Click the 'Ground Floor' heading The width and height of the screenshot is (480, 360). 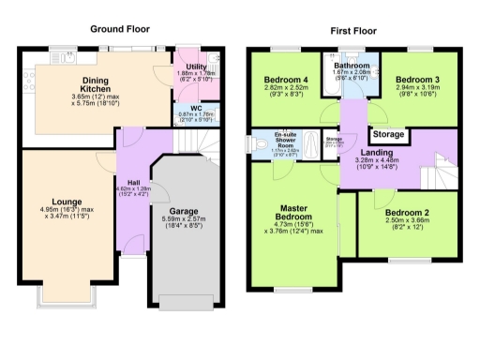[x=121, y=29]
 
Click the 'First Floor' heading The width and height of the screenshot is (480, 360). [x=353, y=31]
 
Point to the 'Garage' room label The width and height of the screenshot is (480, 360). [x=183, y=211]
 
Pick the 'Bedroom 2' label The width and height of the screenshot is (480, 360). [x=406, y=213]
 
